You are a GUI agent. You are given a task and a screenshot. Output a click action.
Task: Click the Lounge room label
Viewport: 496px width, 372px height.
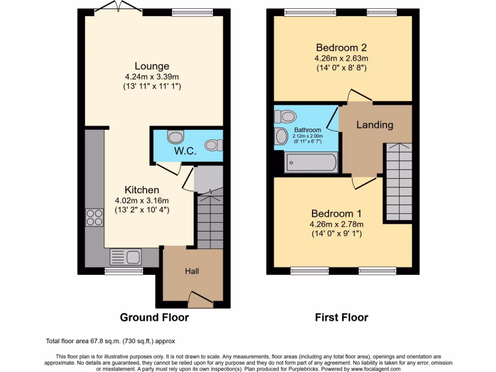(x=152, y=66)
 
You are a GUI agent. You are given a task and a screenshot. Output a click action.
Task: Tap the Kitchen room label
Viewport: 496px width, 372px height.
(x=141, y=190)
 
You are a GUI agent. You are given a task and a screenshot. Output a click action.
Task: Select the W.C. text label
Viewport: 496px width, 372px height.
(x=186, y=151)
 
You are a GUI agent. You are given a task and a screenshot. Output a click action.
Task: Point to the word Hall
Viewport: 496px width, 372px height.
(x=192, y=271)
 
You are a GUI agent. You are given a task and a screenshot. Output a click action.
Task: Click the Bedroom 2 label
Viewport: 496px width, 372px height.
(x=341, y=47)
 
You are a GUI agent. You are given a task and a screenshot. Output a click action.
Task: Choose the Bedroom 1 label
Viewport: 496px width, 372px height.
(x=336, y=214)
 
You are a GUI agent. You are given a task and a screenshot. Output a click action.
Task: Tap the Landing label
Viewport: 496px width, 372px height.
(x=374, y=125)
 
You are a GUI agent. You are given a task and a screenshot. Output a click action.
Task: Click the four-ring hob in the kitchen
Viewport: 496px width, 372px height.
(x=94, y=217)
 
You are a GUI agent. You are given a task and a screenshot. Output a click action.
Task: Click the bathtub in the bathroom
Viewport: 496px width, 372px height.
(x=311, y=162)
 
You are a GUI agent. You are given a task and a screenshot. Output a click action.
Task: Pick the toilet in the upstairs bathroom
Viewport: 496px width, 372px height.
(x=285, y=116)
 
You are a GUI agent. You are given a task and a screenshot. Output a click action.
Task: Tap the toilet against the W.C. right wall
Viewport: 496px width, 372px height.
(x=214, y=145)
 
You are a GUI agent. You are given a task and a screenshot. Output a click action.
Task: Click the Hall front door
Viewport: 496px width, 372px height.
(x=200, y=297)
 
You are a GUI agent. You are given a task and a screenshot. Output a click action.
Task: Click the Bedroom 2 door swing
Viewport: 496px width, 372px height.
(x=359, y=96)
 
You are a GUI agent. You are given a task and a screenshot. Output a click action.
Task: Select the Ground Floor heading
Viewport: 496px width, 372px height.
(x=154, y=318)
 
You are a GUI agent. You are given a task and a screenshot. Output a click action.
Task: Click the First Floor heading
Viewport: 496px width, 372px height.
(x=341, y=318)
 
